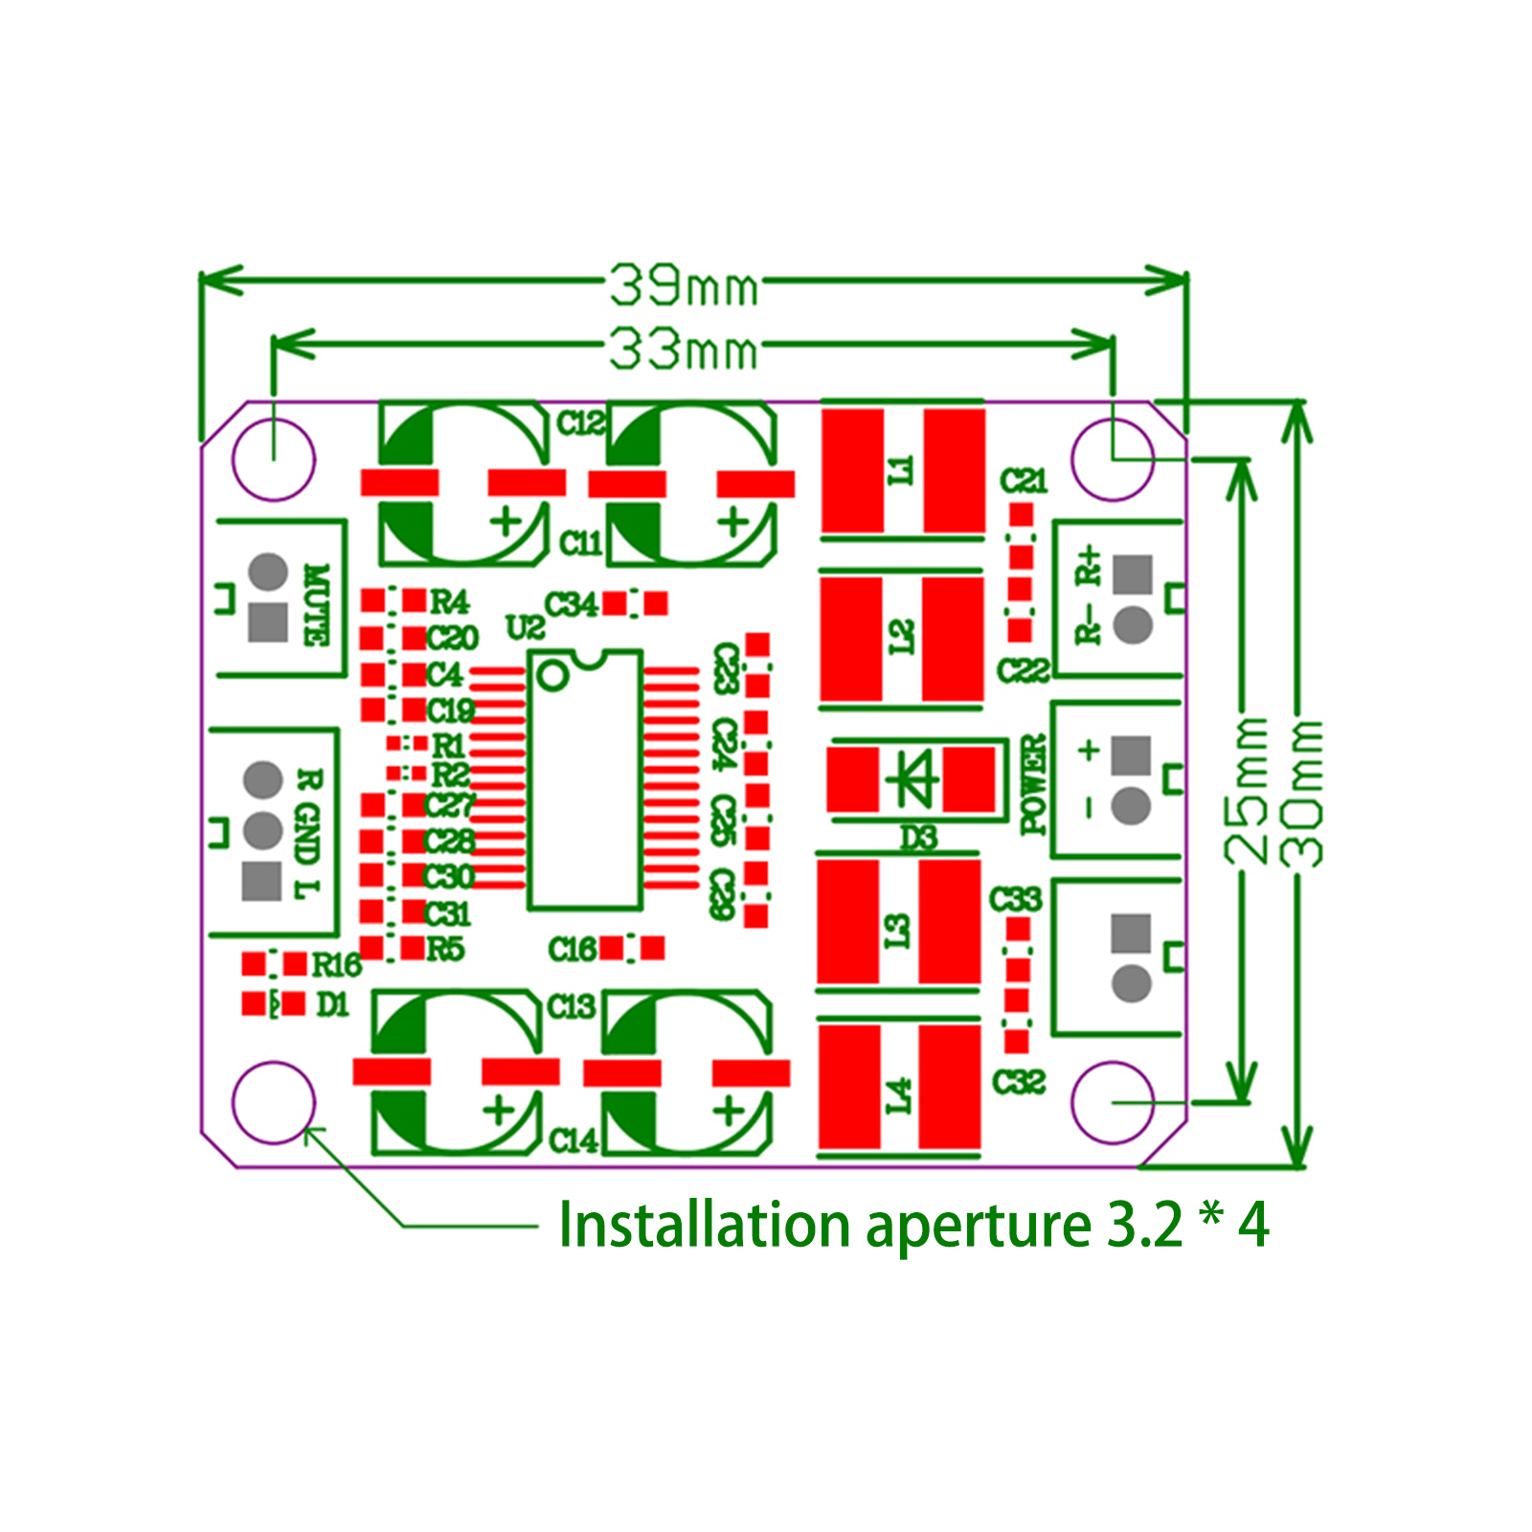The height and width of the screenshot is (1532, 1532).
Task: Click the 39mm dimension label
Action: [683, 285]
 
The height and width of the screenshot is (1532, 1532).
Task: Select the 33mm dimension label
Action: [683, 349]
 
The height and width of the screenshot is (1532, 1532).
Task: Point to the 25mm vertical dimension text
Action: [1248, 791]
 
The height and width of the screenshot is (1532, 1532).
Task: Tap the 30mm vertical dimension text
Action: [1303, 793]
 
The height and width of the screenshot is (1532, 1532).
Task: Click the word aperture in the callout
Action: [978, 1227]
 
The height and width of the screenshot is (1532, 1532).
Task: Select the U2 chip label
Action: [525, 628]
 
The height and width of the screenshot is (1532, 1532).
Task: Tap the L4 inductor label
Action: [898, 1095]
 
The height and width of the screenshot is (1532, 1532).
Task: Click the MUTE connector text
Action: [315, 604]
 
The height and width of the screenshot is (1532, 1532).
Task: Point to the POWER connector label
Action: [1033, 784]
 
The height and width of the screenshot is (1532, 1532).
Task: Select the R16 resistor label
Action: [336, 965]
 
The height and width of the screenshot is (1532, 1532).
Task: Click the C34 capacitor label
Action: [571, 605]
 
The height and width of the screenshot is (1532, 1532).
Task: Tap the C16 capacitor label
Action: [572, 949]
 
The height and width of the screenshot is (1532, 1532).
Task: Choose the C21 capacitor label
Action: [1024, 480]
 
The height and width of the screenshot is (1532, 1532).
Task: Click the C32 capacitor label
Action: [1019, 1082]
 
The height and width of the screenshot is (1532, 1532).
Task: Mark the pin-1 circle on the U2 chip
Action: [553, 676]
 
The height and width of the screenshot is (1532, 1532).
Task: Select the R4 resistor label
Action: [449, 601]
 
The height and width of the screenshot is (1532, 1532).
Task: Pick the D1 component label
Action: [332, 1004]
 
